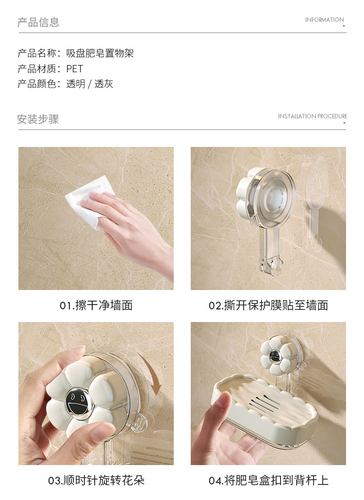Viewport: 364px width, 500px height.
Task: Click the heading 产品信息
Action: pos(38,22)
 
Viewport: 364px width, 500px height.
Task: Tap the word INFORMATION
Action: pos(324,20)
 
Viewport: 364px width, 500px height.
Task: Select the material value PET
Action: pos(75,68)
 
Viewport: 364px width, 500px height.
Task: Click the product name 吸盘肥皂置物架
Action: pos(100,53)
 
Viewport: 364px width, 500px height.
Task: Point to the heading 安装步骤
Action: pos(38,119)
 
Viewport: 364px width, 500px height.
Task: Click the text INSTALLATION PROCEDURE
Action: pos(313,116)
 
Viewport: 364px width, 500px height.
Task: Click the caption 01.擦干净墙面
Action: pos(96,306)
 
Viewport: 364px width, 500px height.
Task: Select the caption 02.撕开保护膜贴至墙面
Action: pos(268,306)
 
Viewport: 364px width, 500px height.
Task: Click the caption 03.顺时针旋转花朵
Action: pos(96,480)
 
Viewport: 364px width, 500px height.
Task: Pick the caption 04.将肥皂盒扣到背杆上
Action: pos(268,480)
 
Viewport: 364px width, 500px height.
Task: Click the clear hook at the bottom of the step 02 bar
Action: pos(271,266)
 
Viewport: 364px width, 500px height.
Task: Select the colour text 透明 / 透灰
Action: pos(90,84)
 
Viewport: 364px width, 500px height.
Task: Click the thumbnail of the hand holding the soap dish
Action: pos(268,393)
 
